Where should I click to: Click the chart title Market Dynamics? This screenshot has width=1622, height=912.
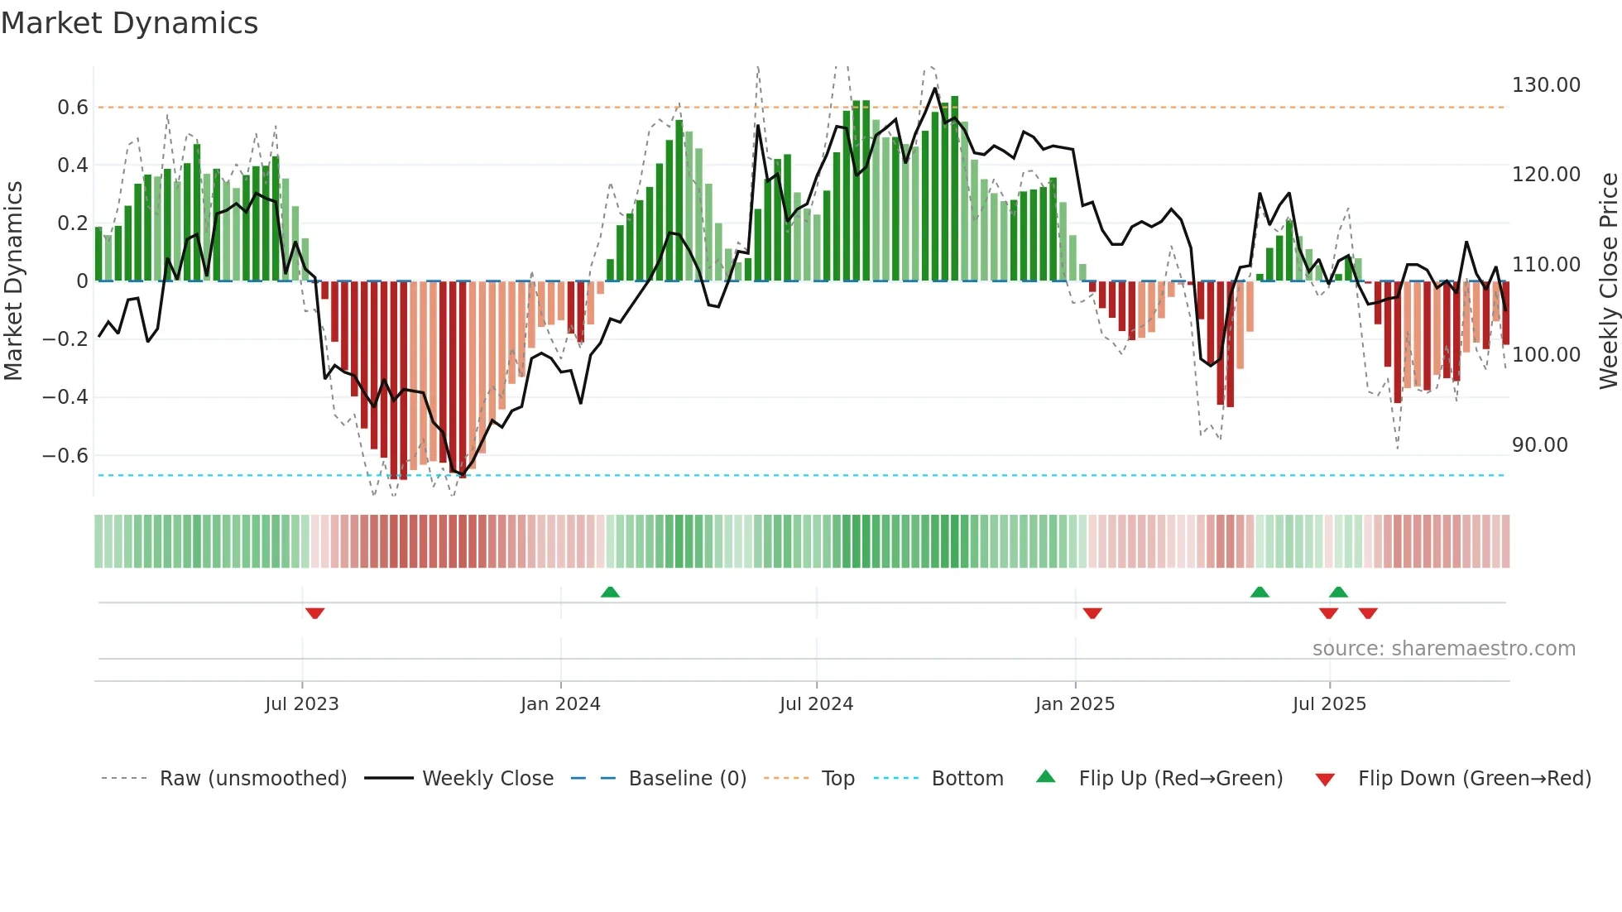pyautogui.click(x=129, y=23)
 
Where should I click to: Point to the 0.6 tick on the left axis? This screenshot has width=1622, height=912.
pyautogui.click(x=72, y=108)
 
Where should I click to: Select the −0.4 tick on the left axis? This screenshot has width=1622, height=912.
pyautogui.click(x=65, y=397)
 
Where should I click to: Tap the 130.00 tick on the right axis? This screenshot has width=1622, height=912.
pyautogui.click(x=1545, y=85)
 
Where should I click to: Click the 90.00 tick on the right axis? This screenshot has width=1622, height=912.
pyautogui.click(x=1539, y=445)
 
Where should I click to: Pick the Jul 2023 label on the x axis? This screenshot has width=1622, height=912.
pyautogui.click(x=301, y=704)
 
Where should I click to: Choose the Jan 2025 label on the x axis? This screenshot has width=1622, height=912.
pyautogui.click(x=1074, y=704)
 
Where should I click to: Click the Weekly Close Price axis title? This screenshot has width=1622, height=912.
pyautogui.click(x=1608, y=281)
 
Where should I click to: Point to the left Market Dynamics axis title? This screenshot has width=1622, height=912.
pyautogui.click(x=13, y=281)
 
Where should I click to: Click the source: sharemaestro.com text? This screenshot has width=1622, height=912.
pyautogui.click(x=1443, y=649)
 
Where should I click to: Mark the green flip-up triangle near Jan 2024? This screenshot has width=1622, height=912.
pyautogui.click(x=610, y=592)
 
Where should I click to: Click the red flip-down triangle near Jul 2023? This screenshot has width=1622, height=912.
pyautogui.click(x=314, y=613)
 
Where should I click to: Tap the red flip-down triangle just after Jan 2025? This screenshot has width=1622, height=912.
pyautogui.click(x=1092, y=613)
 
